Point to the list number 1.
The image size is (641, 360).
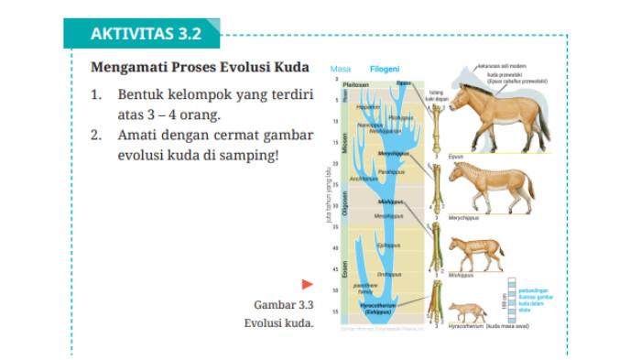coord(97,94)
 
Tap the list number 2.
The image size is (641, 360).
coord(97,135)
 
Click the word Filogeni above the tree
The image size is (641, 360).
coord(384,69)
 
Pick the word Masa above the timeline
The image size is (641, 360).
coord(341,69)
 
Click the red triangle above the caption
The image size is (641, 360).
coord(308,285)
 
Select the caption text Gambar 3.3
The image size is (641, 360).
coord(284,304)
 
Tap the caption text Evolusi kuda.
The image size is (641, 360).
coord(279,322)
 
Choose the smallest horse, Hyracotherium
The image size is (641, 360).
coord(468,311)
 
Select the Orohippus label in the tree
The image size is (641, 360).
coord(389,274)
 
